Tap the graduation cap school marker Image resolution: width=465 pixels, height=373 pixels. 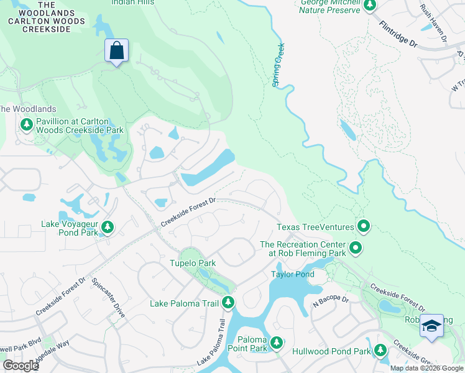pyautogui.click(x=431, y=326)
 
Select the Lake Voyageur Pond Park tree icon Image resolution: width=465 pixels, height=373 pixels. pyautogui.click(x=108, y=228)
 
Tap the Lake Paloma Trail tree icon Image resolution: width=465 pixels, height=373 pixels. pyautogui.click(x=228, y=303)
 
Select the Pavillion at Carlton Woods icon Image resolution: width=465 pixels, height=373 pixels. pyautogui.click(x=27, y=126)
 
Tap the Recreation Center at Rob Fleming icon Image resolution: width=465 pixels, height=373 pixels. pyautogui.click(x=356, y=249)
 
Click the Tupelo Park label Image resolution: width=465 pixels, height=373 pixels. pyautogui.click(x=193, y=263)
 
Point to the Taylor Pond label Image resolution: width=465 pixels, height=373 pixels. pyautogui.click(x=292, y=274)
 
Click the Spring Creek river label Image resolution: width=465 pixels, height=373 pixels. pyautogui.click(x=279, y=65)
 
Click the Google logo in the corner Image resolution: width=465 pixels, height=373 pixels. pyautogui.click(x=21, y=366)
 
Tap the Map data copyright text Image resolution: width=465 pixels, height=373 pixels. pyautogui.click(x=426, y=368)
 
